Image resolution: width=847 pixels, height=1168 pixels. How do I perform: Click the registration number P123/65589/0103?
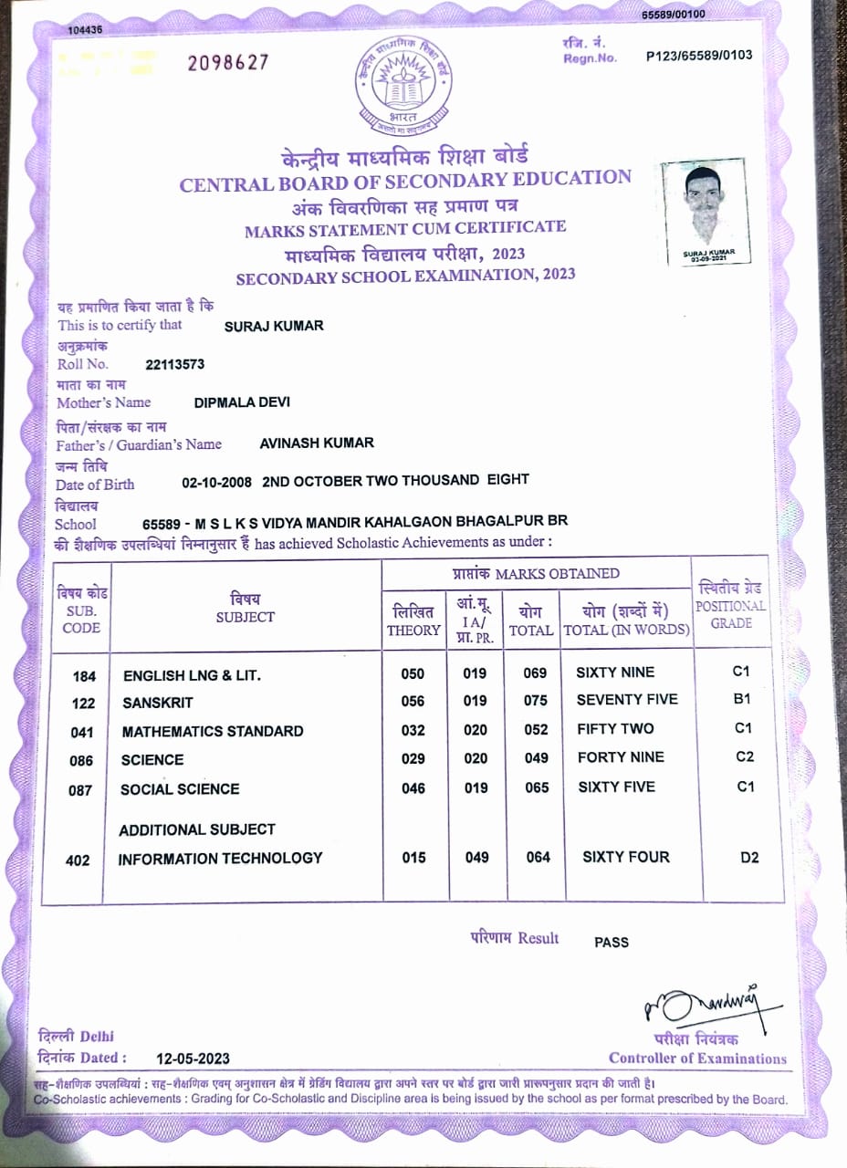point(698,56)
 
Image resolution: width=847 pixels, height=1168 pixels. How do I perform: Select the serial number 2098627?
point(228,62)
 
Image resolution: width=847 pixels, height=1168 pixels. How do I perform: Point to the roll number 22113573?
point(175,364)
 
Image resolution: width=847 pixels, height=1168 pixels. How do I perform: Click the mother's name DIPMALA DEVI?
point(242,401)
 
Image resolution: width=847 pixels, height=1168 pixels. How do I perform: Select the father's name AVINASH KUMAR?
point(317,443)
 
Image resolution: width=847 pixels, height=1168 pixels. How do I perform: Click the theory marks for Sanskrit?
point(413,701)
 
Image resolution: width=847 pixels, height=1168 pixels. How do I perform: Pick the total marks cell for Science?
point(536,758)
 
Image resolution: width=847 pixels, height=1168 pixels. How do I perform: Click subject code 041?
point(83,732)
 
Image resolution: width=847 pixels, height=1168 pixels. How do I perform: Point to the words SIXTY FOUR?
point(625,857)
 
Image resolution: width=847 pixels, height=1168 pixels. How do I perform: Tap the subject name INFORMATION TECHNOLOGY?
point(220,858)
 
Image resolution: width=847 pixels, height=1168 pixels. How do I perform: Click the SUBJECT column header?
point(245,608)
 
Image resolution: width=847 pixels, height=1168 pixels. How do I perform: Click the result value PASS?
point(611,942)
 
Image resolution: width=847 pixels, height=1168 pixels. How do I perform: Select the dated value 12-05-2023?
point(193,1058)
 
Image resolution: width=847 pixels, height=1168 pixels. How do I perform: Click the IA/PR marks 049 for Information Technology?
point(476,858)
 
